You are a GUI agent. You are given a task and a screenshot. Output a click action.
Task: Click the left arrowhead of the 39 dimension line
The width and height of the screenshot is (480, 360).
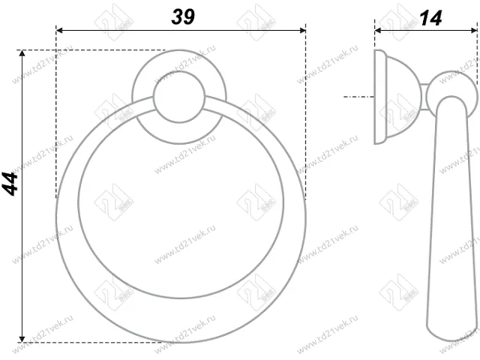tap(60, 31)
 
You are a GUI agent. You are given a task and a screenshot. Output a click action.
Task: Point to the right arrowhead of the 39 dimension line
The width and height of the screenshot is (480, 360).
tap(301, 31)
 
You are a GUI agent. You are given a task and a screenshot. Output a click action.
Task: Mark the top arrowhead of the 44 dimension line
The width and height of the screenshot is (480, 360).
tap(23, 55)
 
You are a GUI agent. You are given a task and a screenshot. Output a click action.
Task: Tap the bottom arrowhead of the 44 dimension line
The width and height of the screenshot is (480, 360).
tap(23, 337)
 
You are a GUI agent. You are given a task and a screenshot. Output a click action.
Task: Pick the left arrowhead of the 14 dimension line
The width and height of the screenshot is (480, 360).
tap(378, 31)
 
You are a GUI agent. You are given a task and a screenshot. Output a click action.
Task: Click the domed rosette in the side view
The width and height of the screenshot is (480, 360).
tap(397, 97)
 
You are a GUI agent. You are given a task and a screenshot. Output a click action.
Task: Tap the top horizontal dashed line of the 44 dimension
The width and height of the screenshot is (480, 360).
tap(90, 51)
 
